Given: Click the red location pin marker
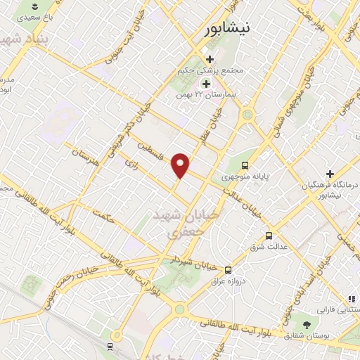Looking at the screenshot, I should [x=181, y=165].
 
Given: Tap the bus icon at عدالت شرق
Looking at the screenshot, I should [x=268, y=236].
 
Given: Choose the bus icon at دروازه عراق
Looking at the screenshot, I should [x=227, y=269].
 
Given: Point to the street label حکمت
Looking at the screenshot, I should [x=107, y=219].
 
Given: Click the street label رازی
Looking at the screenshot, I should [x=131, y=163].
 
